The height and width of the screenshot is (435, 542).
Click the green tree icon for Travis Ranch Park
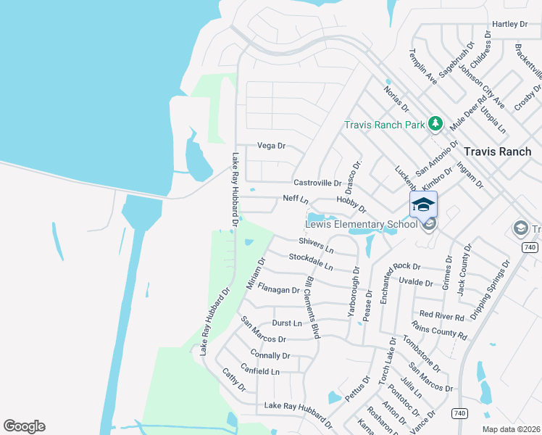[x=435, y=124]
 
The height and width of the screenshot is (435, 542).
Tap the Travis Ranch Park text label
[x=384, y=125]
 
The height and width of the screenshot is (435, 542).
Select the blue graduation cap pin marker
[x=423, y=204]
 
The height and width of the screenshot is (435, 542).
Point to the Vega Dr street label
[x=272, y=146]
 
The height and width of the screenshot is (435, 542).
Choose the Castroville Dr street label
[x=317, y=183]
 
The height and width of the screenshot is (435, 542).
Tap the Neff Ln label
[x=296, y=199]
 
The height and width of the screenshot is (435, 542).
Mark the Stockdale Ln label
[x=310, y=262]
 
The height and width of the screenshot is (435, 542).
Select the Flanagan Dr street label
[x=279, y=290]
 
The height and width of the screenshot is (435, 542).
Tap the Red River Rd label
[x=442, y=315]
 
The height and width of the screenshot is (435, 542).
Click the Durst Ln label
[x=286, y=323]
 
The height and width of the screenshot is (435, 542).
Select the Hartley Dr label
[x=509, y=24]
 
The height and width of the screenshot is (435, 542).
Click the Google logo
[x=24, y=426]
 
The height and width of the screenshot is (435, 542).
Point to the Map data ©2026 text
[x=512, y=429]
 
